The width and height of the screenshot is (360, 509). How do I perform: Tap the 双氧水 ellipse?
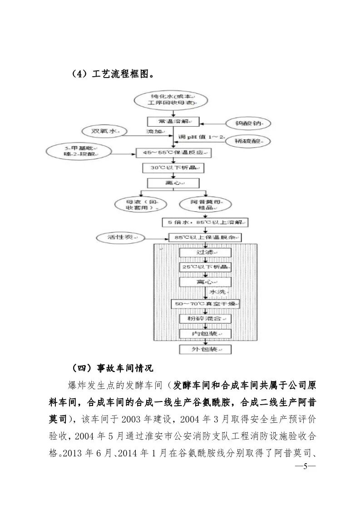pyautogui.click(x=102, y=131)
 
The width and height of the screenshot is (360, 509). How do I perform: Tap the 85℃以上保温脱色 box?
pyautogui.click(x=205, y=237)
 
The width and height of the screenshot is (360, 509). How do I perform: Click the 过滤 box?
pyautogui.click(x=205, y=253)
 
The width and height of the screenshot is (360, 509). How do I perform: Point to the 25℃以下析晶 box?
pyautogui.click(x=205, y=267)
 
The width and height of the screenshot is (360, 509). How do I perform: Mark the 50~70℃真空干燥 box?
pyautogui.click(x=205, y=303)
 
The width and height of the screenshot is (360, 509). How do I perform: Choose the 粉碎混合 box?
pyautogui.click(x=205, y=319)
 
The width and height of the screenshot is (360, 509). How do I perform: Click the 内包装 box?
pyautogui.click(x=205, y=334)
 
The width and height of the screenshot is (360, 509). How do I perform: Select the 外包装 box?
pyautogui.click(x=205, y=349)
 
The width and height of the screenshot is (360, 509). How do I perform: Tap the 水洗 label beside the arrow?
pyautogui.click(x=218, y=292)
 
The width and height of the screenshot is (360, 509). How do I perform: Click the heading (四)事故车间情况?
pyautogui.click(x=114, y=368)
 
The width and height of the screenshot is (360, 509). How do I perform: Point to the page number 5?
pyautogui.click(x=305, y=466)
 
